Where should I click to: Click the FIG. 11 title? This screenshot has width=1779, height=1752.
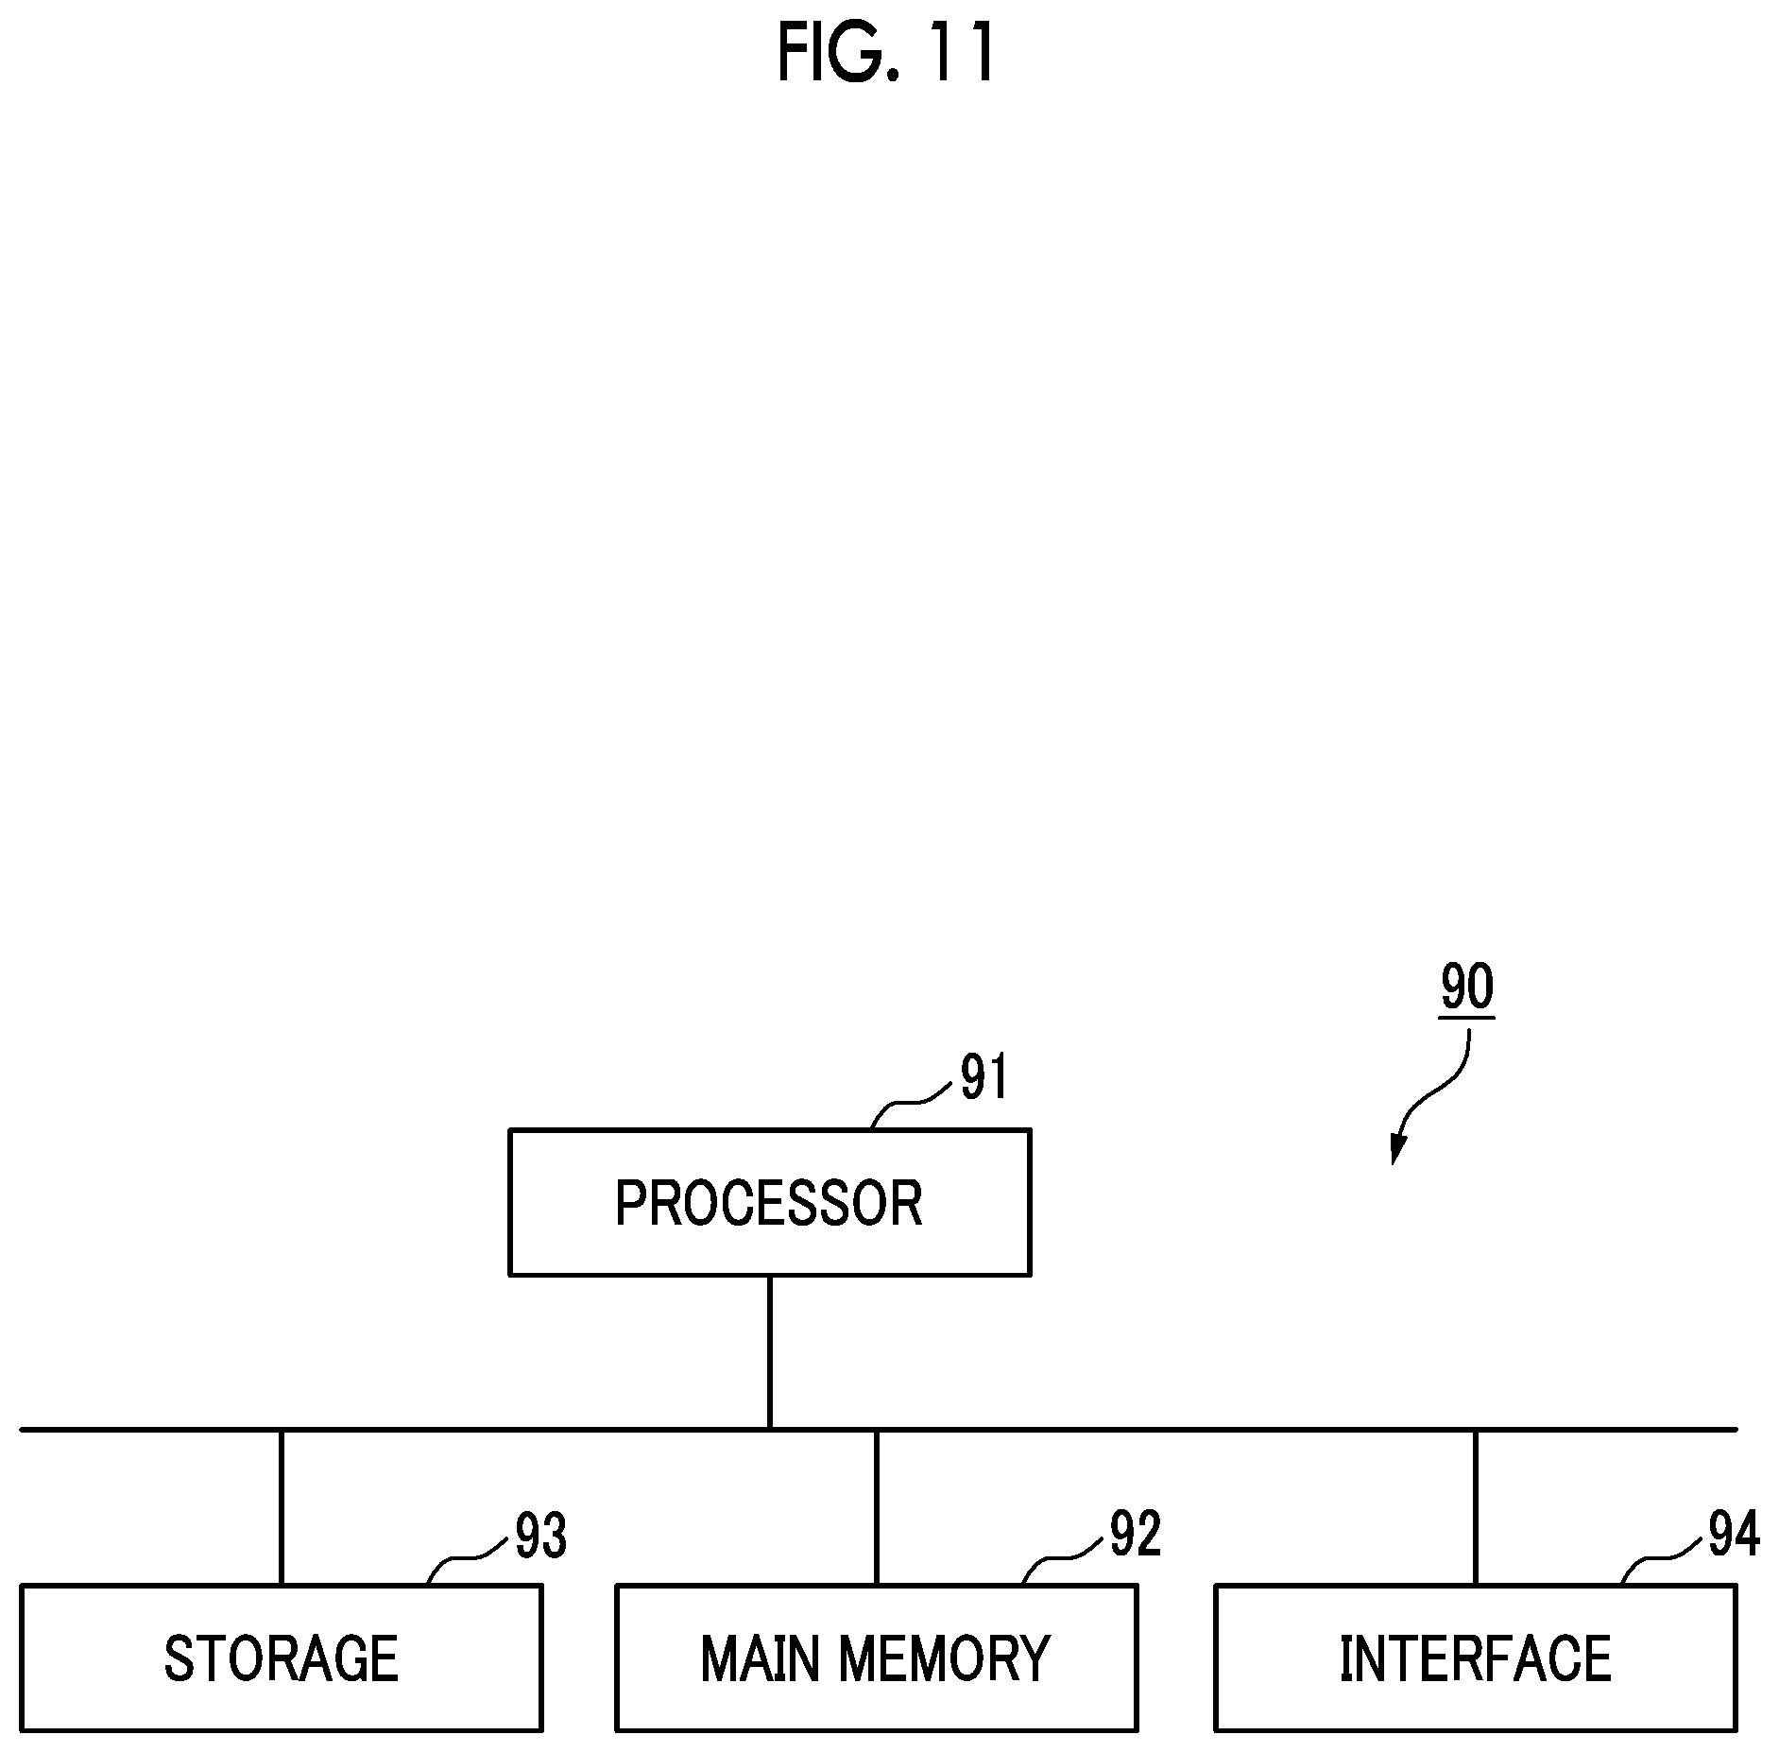point(886,53)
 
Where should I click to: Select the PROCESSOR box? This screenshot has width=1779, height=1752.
point(769,1202)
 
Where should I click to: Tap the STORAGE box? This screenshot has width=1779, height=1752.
point(281,1658)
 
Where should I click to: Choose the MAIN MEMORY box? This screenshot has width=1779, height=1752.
point(876,1658)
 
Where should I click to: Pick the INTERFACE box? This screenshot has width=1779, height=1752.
point(1475,1658)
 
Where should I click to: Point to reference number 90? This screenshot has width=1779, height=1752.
point(1466,988)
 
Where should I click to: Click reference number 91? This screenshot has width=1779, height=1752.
point(984,1077)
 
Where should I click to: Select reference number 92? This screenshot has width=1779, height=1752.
point(1135,1534)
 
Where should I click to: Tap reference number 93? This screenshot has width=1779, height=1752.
point(540,1536)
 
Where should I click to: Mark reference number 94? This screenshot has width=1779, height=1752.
point(1734,1534)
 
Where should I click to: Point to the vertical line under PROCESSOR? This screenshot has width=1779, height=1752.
point(770,1351)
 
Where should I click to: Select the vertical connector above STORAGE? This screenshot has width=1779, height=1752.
point(281,1507)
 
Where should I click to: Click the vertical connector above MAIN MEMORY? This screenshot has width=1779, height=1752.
point(876,1507)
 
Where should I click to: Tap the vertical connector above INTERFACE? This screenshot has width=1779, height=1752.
point(1475,1507)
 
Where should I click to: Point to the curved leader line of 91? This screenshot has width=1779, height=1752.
point(910,1103)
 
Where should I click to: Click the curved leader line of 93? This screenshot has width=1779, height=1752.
point(466,1560)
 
